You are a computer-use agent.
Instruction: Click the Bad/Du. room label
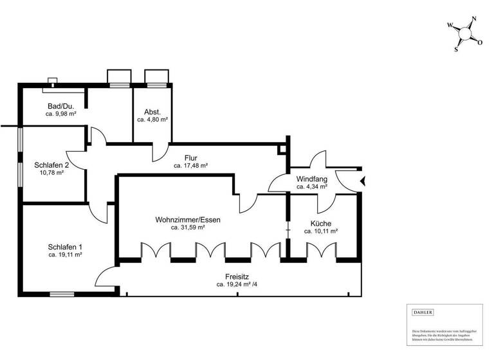pos(60,106)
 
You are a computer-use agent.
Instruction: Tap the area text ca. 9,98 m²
pos(60,114)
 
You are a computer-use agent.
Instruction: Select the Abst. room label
pos(152,112)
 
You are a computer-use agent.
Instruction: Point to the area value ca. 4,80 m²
pos(152,120)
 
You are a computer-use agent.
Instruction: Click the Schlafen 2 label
pos(51,165)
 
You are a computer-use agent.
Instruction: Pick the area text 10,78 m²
pos(51,172)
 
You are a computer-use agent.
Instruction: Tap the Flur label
pos(190,157)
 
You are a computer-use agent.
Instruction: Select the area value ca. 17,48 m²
pos(190,165)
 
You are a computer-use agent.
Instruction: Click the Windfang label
pos(312,179)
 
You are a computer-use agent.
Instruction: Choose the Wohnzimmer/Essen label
pos(188,219)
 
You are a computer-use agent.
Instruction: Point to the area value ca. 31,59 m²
pos(188,227)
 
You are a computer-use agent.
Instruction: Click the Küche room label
pos(320,222)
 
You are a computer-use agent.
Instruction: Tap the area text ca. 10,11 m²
pos(320,230)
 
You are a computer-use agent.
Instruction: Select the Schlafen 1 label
pos(65,247)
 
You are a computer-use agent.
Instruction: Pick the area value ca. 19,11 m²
pos(65,255)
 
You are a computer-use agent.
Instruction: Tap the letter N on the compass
pos(473,19)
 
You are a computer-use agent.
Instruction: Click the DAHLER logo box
pos(423,312)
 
